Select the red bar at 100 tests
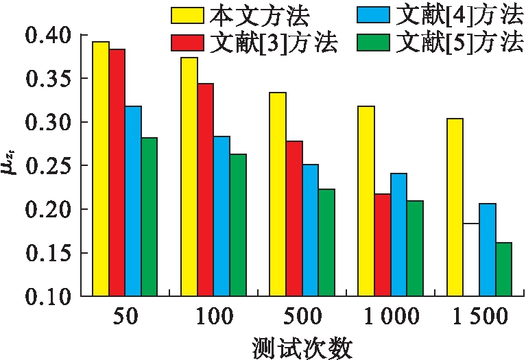(205, 190)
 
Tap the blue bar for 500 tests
(309, 230)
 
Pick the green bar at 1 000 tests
(414, 248)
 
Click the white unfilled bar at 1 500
(470, 260)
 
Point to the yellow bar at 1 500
(455, 207)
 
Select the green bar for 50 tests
(149, 217)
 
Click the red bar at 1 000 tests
(382, 245)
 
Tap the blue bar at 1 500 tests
(487, 250)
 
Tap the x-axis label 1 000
(392, 317)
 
